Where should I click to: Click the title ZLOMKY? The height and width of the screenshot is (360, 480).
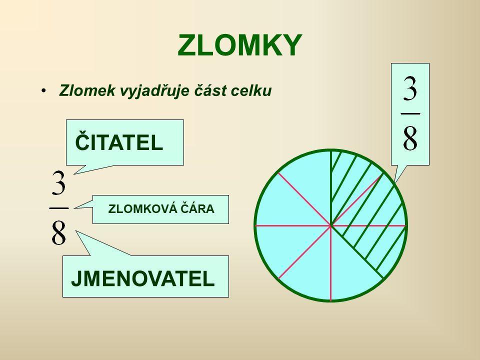[x=239, y=45]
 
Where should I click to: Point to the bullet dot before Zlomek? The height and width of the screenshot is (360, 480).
[x=44, y=90]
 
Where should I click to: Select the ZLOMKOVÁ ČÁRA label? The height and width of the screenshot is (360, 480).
[x=161, y=209]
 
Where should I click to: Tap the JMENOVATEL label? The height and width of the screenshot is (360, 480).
[x=142, y=278]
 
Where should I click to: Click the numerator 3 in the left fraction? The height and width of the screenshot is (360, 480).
[x=59, y=183]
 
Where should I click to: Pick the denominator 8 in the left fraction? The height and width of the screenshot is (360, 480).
[x=58, y=232]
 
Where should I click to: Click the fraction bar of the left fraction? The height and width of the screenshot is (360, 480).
[x=59, y=208]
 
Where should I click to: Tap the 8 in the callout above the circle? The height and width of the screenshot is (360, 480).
[x=410, y=138]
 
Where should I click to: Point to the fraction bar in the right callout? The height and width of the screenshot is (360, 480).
[x=410, y=113]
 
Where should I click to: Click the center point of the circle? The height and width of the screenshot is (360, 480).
[x=331, y=226]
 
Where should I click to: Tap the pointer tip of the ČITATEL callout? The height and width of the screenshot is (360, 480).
[x=74, y=174]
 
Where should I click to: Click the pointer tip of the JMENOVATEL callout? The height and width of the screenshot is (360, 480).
[x=76, y=231]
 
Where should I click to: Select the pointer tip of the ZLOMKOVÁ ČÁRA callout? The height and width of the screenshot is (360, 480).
[x=74, y=208]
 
